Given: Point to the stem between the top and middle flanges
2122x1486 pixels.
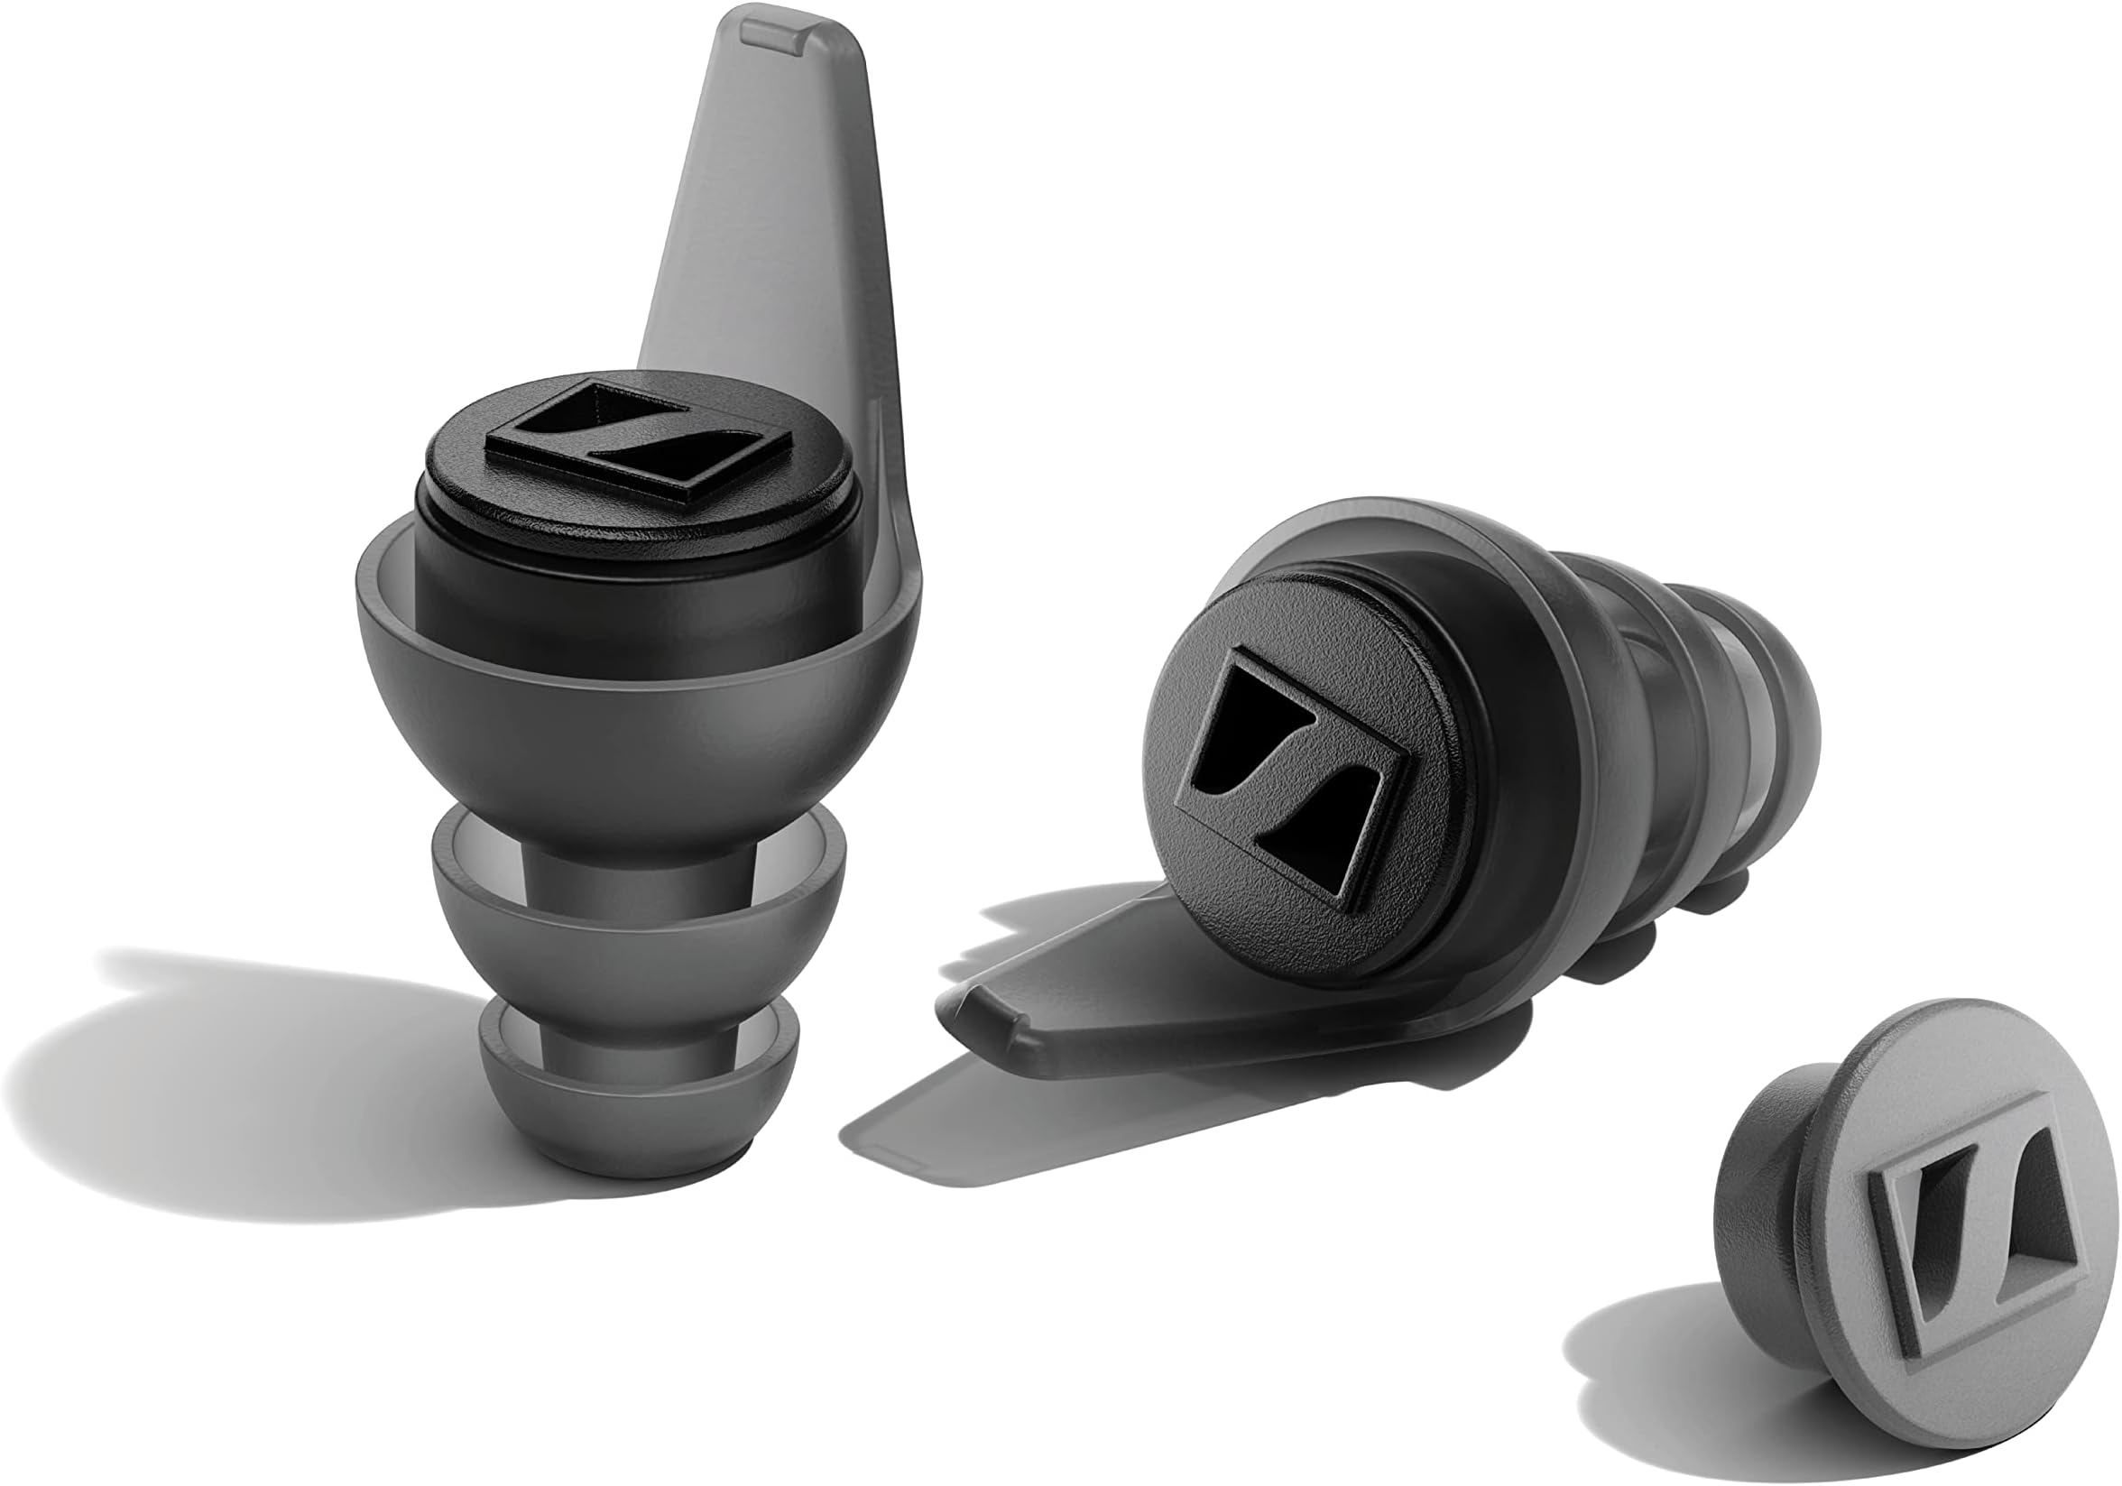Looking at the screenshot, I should point(638,864).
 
